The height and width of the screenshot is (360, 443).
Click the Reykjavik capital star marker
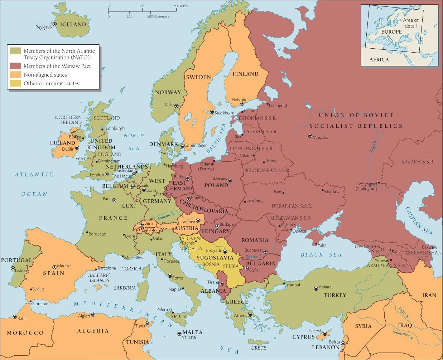(x=54, y=24)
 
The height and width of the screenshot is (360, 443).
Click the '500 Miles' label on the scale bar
(x=181, y=6)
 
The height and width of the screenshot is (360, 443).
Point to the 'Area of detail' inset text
(x=410, y=23)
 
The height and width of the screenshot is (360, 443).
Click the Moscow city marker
(x=310, y=136)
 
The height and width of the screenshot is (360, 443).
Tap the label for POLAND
(x=216, y=185)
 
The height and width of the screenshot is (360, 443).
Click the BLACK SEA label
(x=321, y=255)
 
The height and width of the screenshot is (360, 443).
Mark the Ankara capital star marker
(x=316, y=288)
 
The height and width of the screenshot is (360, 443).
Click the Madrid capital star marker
(x=54, y=267)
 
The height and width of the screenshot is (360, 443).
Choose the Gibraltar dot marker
(x=31, y=301)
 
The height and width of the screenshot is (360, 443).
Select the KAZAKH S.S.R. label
(x=418, y=162)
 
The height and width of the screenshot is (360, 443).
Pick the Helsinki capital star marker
(x=242, y=104)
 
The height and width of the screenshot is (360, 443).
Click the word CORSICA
(x=131, y=268)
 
